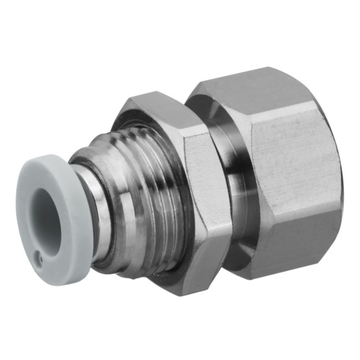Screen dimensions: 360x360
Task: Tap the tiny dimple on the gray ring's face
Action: tap(38, 258)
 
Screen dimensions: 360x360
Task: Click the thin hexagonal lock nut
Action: tap(195, 195)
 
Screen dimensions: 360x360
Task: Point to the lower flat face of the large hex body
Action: tap(292, 246)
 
